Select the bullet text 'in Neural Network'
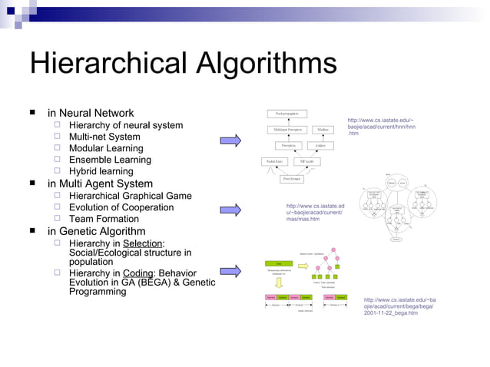pyautogui.click(x=91, y=113)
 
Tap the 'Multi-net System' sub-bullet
pyautogui.click(x=104, y=137)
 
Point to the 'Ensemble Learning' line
pyautogui.click(x=110, y=160)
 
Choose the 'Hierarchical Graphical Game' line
pyautogui.click(x=131, y=196)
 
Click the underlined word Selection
pyautogui.click(x=143, y=243)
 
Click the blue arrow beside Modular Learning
pyautogui.click(x=230, y=141)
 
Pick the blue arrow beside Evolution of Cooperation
pyautogui.click(x=230, y=209)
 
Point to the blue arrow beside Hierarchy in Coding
pyautogui.click(x=230, y=270)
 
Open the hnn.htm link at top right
pyautogui.click(x=380, y=127)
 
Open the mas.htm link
pyautogui.click(x=315, y=213)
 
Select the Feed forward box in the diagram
pyautogui.click(x=292, y=179)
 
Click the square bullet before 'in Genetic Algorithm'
pyautogui.click(x=32, y=231)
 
